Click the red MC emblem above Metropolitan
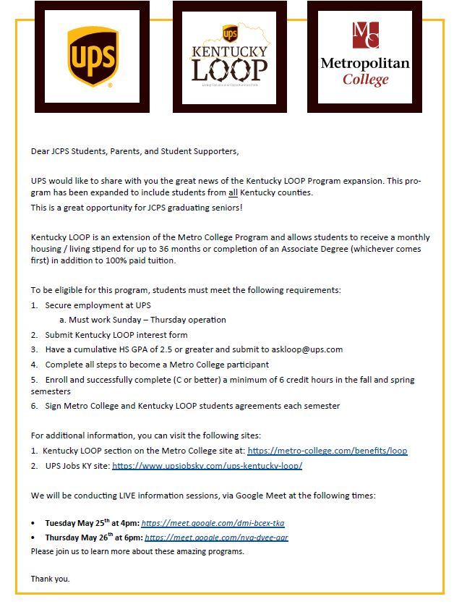pyautogui.click(x=365, y=35)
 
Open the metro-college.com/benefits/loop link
pyautogui.click(x=327, y=451)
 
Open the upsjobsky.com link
pyautogui.click(x=207, y=466)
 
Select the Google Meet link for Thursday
pyautogui.click(x=216, y=537)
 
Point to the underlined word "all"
pyautogui.click(x=233, y=192)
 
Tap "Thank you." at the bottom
pyautogui.click(x=51, y=579)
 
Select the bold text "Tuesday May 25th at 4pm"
pyautogui.click(x=92, y=523)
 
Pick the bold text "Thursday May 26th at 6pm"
pyautogui.click(x=93, y=537)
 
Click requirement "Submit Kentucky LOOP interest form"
pyautogui.click(x=116, y=335)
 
